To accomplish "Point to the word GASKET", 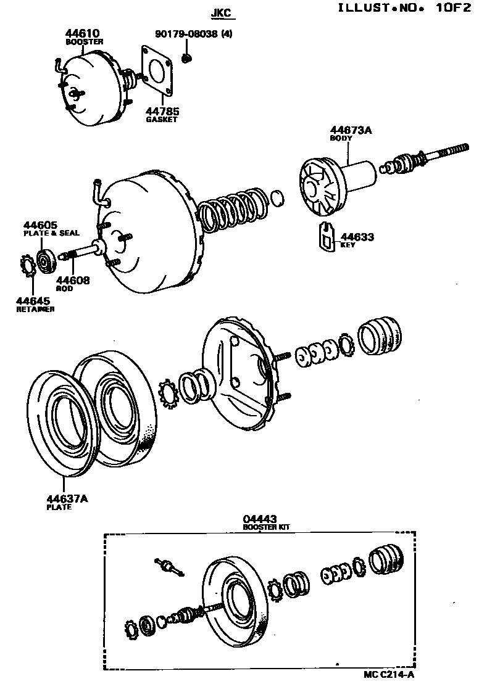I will coord(161,119).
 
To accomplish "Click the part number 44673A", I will coord(351,130).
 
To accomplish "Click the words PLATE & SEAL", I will coord(51,233).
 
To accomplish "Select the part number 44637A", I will coord(67,499).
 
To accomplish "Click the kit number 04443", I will coord(260,519).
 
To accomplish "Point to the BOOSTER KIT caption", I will coord(265,527).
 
